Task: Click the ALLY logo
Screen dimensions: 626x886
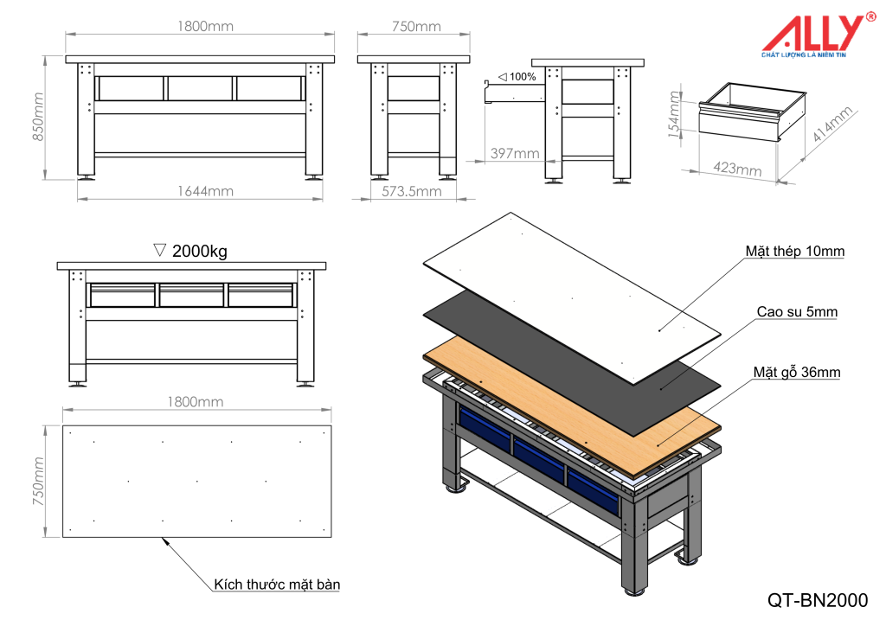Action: click(810, 35)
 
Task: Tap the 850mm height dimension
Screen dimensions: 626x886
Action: click(36, 119)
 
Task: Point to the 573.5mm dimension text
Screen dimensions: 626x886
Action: click(412, 191)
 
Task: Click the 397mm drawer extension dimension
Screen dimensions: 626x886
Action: click(515, 153)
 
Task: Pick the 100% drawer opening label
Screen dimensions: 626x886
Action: click(517, 77)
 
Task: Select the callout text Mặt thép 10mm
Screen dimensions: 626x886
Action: click(794, 252)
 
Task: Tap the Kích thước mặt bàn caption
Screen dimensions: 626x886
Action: click(277, 584)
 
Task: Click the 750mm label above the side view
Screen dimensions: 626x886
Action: click(416, 27)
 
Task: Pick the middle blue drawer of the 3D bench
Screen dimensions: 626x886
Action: click(538, 458)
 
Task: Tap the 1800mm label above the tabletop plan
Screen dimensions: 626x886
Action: click(196, 401)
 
